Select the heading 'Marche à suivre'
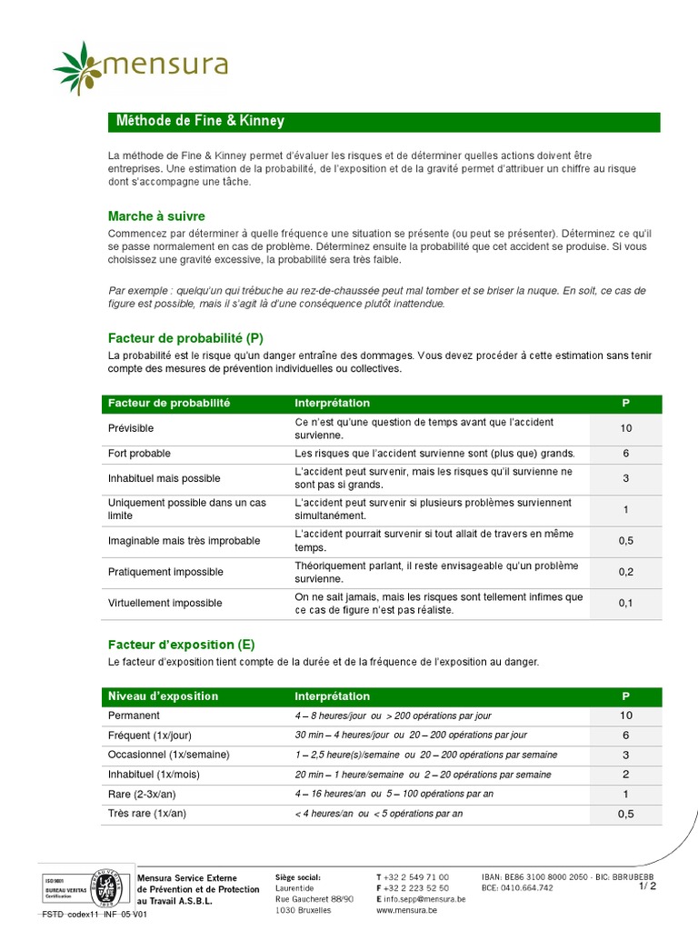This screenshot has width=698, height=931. tap(156, 216)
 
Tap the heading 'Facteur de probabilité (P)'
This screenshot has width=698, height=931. tap(185, 338)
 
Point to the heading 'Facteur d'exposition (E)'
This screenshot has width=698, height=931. tap(181, 645)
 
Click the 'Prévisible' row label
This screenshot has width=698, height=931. tap(131, 428)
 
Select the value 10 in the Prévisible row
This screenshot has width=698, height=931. tap(626, 428)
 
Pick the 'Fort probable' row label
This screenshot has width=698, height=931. tap(139, 454)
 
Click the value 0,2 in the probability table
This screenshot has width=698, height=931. tap(626, 572)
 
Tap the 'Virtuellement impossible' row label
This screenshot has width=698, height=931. tap(165, 603)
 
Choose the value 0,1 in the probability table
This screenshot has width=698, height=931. tap(626, 603)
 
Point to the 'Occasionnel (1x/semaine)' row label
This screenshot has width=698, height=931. tap(168, 755)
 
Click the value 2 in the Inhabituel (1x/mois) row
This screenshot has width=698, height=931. tap(626, 775)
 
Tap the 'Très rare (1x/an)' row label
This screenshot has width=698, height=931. tap(147, 813)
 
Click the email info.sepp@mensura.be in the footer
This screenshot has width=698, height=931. tap(424, 898)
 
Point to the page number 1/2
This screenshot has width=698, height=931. tap(647, 886)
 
